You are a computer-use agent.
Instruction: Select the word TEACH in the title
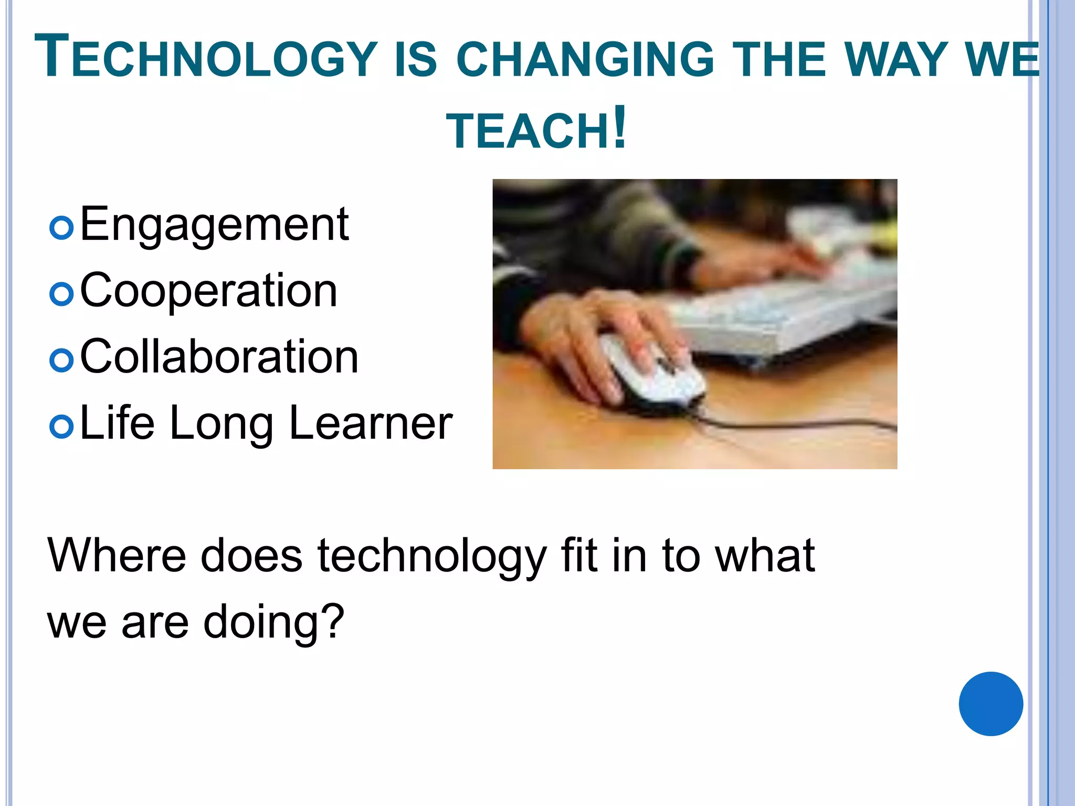coord(527,131)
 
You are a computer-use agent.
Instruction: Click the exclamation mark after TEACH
coord(619,128)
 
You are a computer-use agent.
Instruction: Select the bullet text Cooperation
coord(208,291)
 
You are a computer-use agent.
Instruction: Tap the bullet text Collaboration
coord(219,357)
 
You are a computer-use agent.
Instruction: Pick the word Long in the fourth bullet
coord(221,424)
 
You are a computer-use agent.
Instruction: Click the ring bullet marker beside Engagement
coord(61,228)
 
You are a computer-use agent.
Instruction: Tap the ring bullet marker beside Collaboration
coord(61,360)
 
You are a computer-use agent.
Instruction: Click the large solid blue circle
coord(990,704)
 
